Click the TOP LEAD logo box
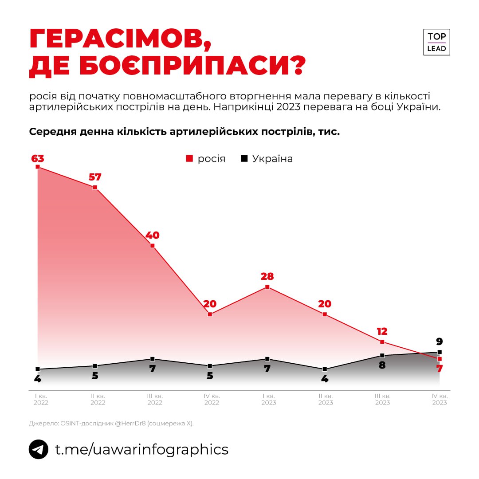coord(436,42)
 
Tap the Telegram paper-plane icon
coord(39,449)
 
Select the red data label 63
coord(38,158)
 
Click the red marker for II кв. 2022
coord(95,188)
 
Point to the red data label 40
coord(152,235)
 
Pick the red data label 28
coord(267,277)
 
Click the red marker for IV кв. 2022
coord(210,314)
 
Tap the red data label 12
coord(382,331)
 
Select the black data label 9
coord(439,342)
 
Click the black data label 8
coord(382,365)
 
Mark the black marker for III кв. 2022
coord(152,359)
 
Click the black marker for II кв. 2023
coord(325,369)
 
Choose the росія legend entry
coord(206,159)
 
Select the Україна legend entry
coord(267,159)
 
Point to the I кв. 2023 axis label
coord(269,399)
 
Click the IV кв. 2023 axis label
coord(440,399)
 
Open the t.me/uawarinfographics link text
coord(141,449)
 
